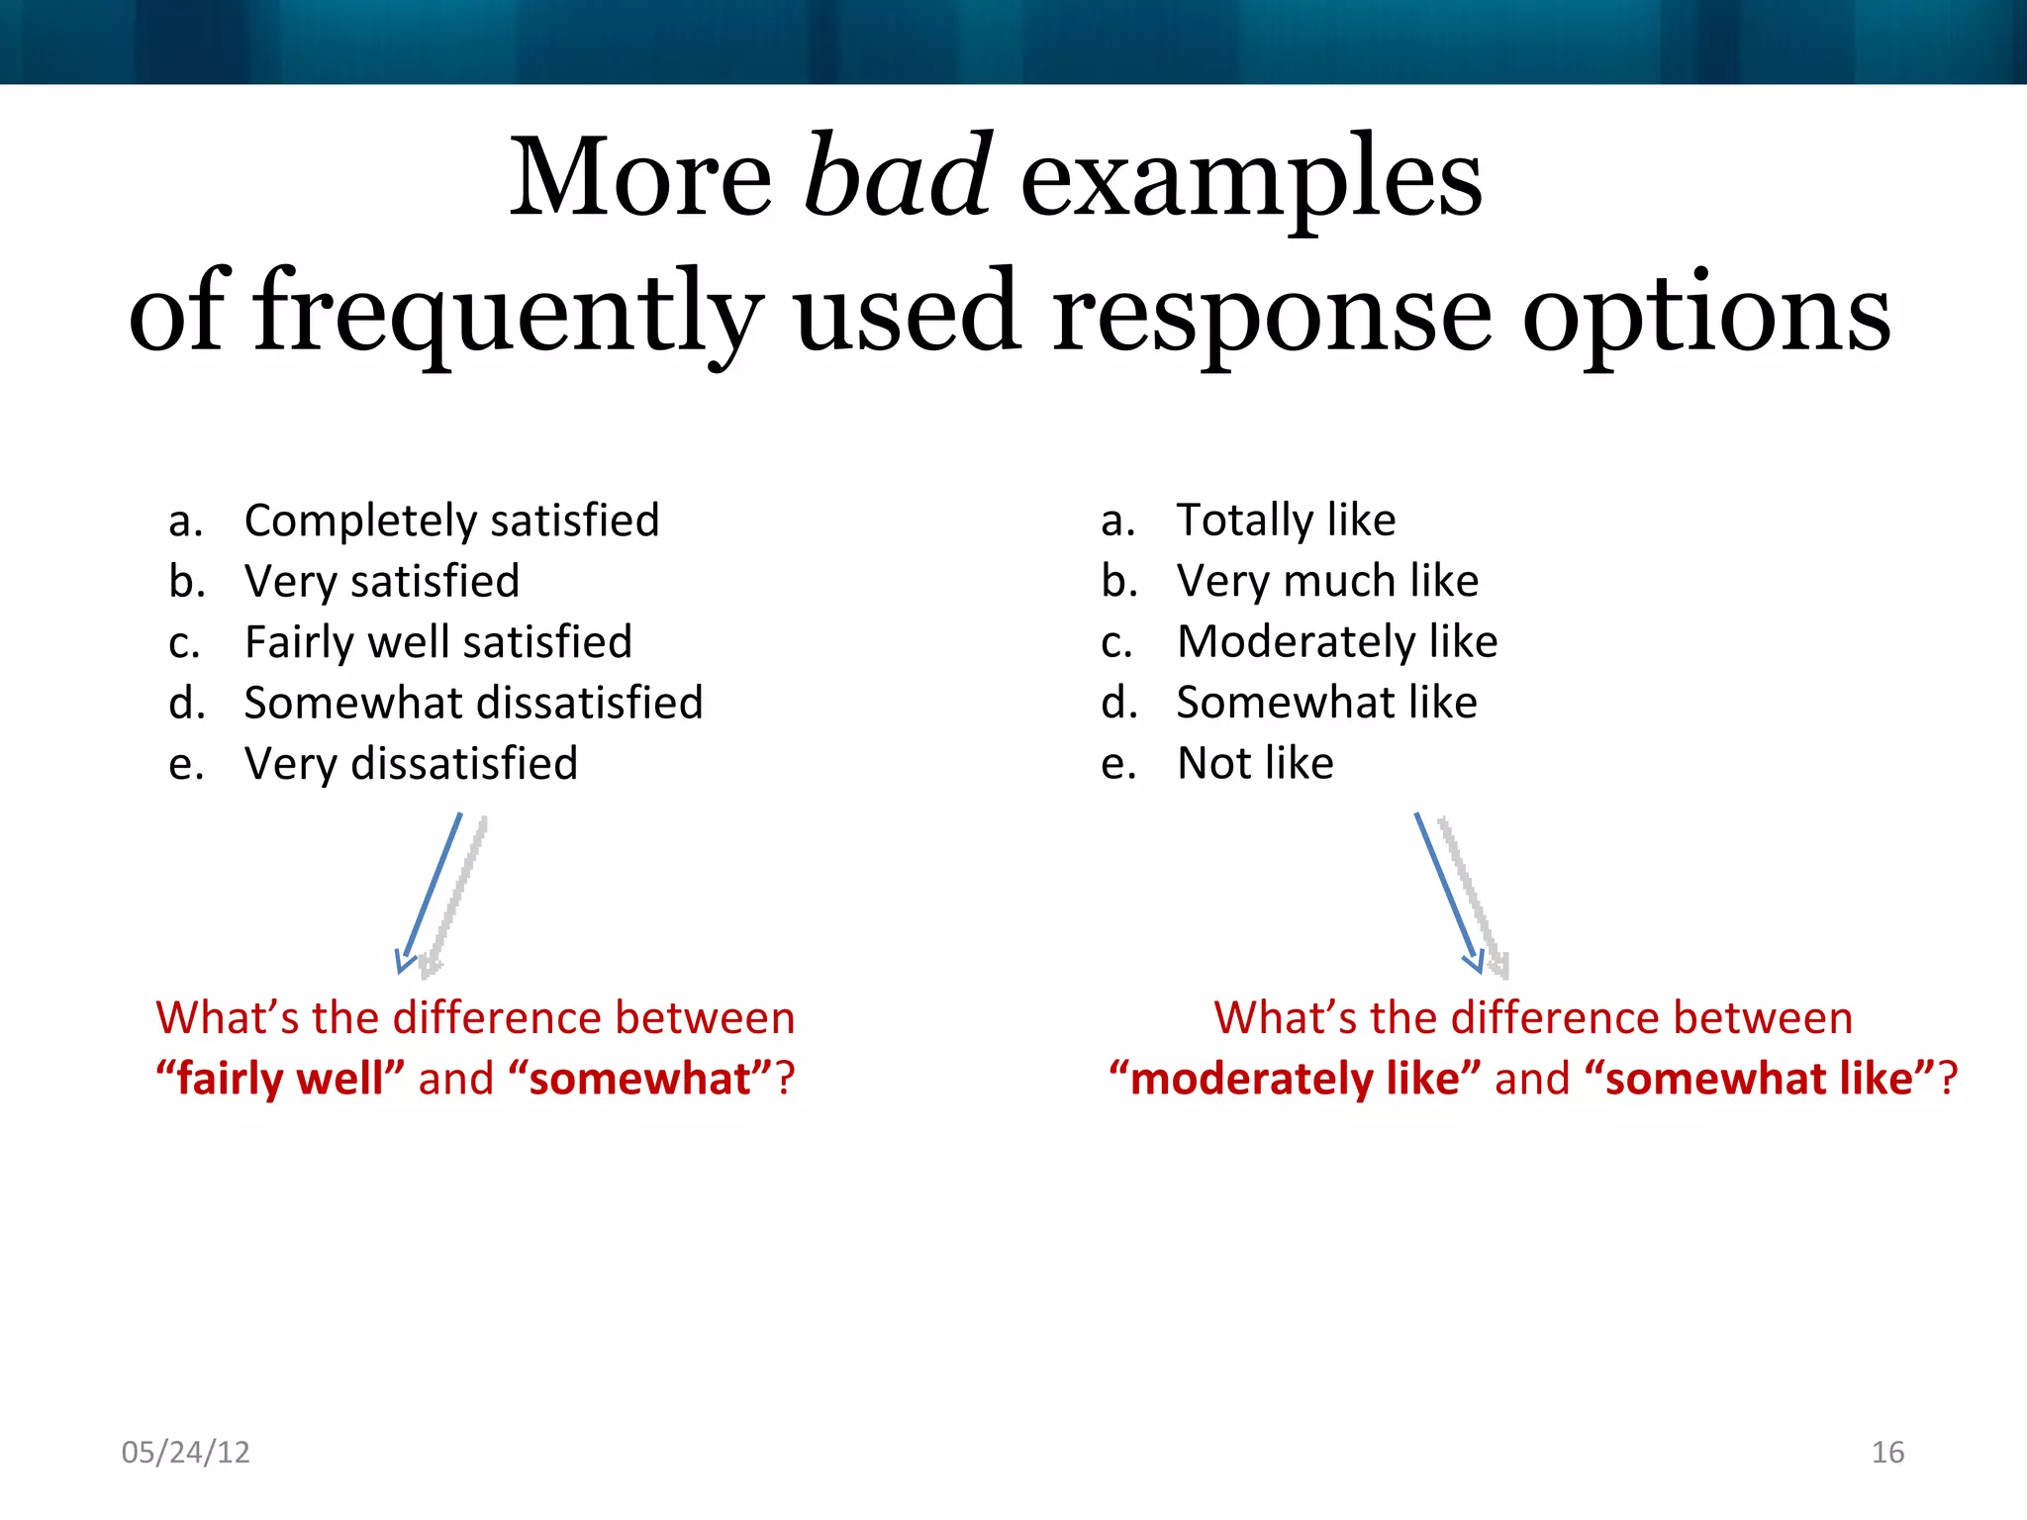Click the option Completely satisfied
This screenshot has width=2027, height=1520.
pos(451,521)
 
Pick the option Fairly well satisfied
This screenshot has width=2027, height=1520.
pos(437,642)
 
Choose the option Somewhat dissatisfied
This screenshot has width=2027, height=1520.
pos(473,703)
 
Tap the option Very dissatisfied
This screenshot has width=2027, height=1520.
pos(411,764)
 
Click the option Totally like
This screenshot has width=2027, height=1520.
pos(1286,521)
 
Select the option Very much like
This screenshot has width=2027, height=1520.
pos(1327,581)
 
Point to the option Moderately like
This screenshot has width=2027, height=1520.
pos(1336,642)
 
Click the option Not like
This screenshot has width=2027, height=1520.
pos(1255,764)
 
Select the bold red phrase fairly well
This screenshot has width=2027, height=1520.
pos(281,1079)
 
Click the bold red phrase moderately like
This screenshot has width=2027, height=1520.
pos(1295,1079)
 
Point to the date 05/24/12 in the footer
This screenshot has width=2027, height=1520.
pos(185,1452)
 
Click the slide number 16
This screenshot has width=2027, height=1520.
pos(1887,1452)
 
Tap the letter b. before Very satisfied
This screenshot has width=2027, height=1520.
pos(186,581)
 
